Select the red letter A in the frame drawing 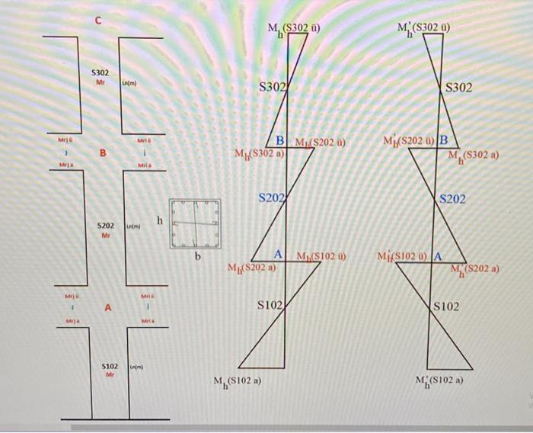pyautogui.click(x=108, y=307)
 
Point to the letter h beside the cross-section pyautogui.click(x=159, y=220)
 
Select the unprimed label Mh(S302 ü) pyautogui.click(x=294, y=30)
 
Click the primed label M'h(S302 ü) pyautogui.click(x=424, y=30)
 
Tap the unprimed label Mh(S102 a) pyautogui.click(x=238, y=381)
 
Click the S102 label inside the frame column pyautogui.click(x=107, y=369)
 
